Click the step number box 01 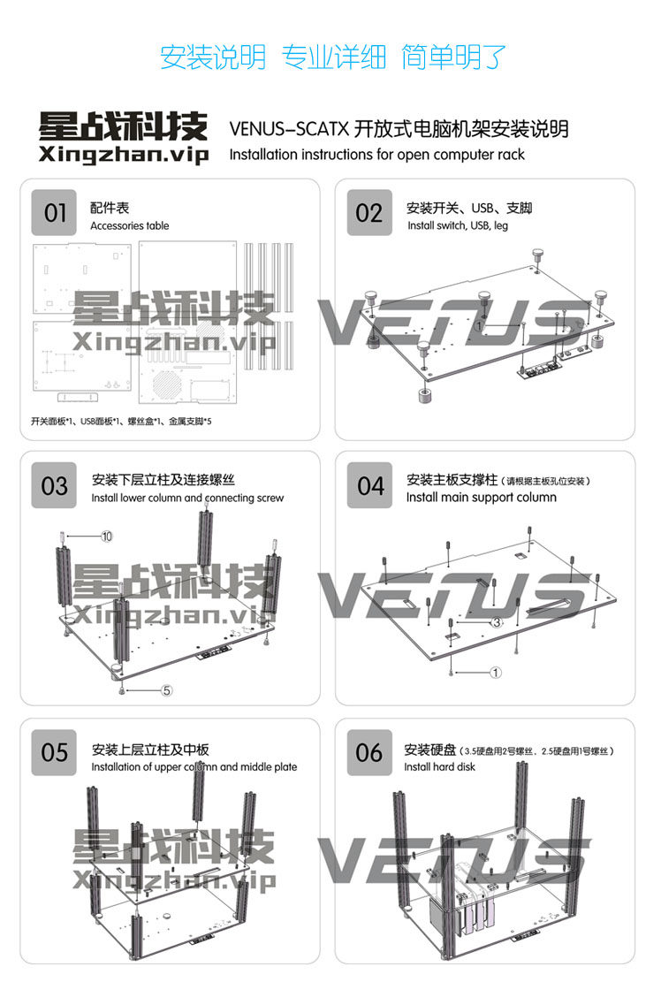[55, 213]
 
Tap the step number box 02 [369, 213]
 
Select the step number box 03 [55, 485]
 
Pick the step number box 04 [370, 485]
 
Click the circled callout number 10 [107, 537]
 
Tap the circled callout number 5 [166, 690]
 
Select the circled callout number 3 [497, 622]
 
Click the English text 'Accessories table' [129, 226]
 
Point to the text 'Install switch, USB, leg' [457, 226]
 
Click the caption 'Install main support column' [481, 498]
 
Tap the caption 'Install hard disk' [439, 767]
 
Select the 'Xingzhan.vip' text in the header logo [123, 156]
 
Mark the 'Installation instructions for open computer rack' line [376, 155]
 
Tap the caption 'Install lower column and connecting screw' [187, 499]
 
